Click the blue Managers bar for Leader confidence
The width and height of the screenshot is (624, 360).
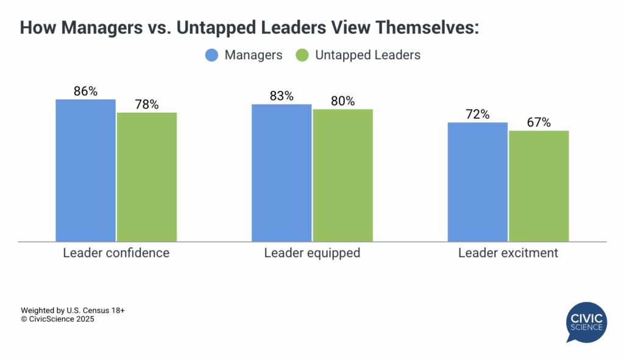tap(85, 170)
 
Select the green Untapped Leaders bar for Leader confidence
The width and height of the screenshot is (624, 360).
tap(147, 177)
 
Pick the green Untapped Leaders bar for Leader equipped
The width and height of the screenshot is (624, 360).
tap(342, 175)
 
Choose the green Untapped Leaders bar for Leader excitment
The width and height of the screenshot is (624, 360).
tap(539, 186)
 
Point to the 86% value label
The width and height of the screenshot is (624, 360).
tap(85, 91)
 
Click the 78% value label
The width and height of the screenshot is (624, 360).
tap(147, 105)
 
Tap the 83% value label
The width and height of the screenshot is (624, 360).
tap(282, 96)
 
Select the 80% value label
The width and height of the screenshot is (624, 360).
tap(342, 101)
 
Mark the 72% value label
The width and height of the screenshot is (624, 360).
tap(478, 115)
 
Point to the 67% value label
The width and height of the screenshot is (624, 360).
tap(539, 122)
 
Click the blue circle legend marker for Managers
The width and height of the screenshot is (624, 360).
tap(211, 55)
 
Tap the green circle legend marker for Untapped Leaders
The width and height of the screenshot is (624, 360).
tap(302, 55)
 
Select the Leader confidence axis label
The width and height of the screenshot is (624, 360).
tap(116, 253)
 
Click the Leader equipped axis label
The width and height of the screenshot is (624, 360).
tap(312, 253)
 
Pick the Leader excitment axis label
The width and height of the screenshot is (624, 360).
tap(508, 253)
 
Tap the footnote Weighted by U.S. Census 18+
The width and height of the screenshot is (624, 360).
tap(73, 310)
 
